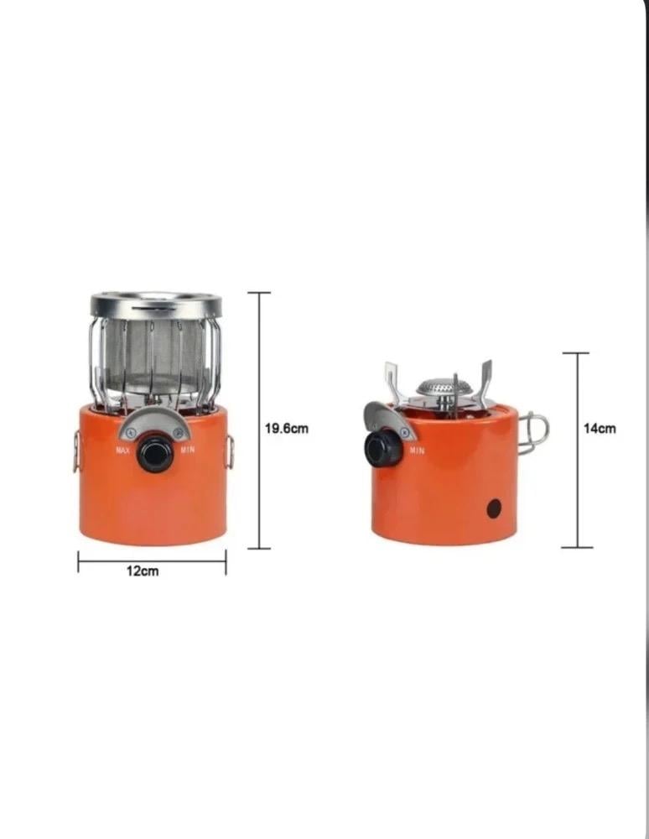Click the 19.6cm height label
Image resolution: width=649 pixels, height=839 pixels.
coord(287,428)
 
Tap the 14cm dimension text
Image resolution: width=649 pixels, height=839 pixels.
coord(600,428)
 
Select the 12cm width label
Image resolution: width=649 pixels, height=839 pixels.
coord(143,571)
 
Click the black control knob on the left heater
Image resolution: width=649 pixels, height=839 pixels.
coord(155,454)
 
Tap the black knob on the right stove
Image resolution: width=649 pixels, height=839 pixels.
coord(382,449)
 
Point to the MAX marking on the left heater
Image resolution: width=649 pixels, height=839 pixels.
coord(123,450)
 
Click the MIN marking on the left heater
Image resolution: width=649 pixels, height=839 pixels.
coord(188,450)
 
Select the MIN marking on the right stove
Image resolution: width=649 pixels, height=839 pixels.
coord(417,451)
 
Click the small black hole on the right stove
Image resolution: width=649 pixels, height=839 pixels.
coord(494,508)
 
